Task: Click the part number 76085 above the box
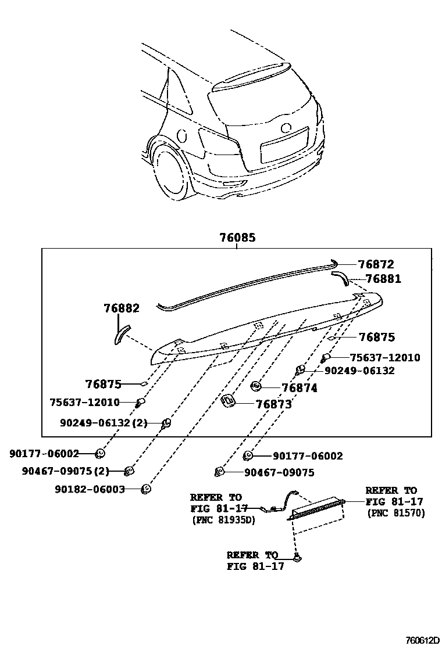click(237, 238)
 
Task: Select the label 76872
click(376, 264)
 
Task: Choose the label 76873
click(273, 404)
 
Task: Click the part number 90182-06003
click(90, 489)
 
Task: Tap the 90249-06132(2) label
click(104, 424)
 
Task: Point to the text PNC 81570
click(396, 513)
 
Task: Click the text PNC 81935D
click(223, 520)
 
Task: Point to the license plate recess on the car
click(284, 146)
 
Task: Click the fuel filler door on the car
click(181, 136)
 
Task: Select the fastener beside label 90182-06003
click(147, 489)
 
